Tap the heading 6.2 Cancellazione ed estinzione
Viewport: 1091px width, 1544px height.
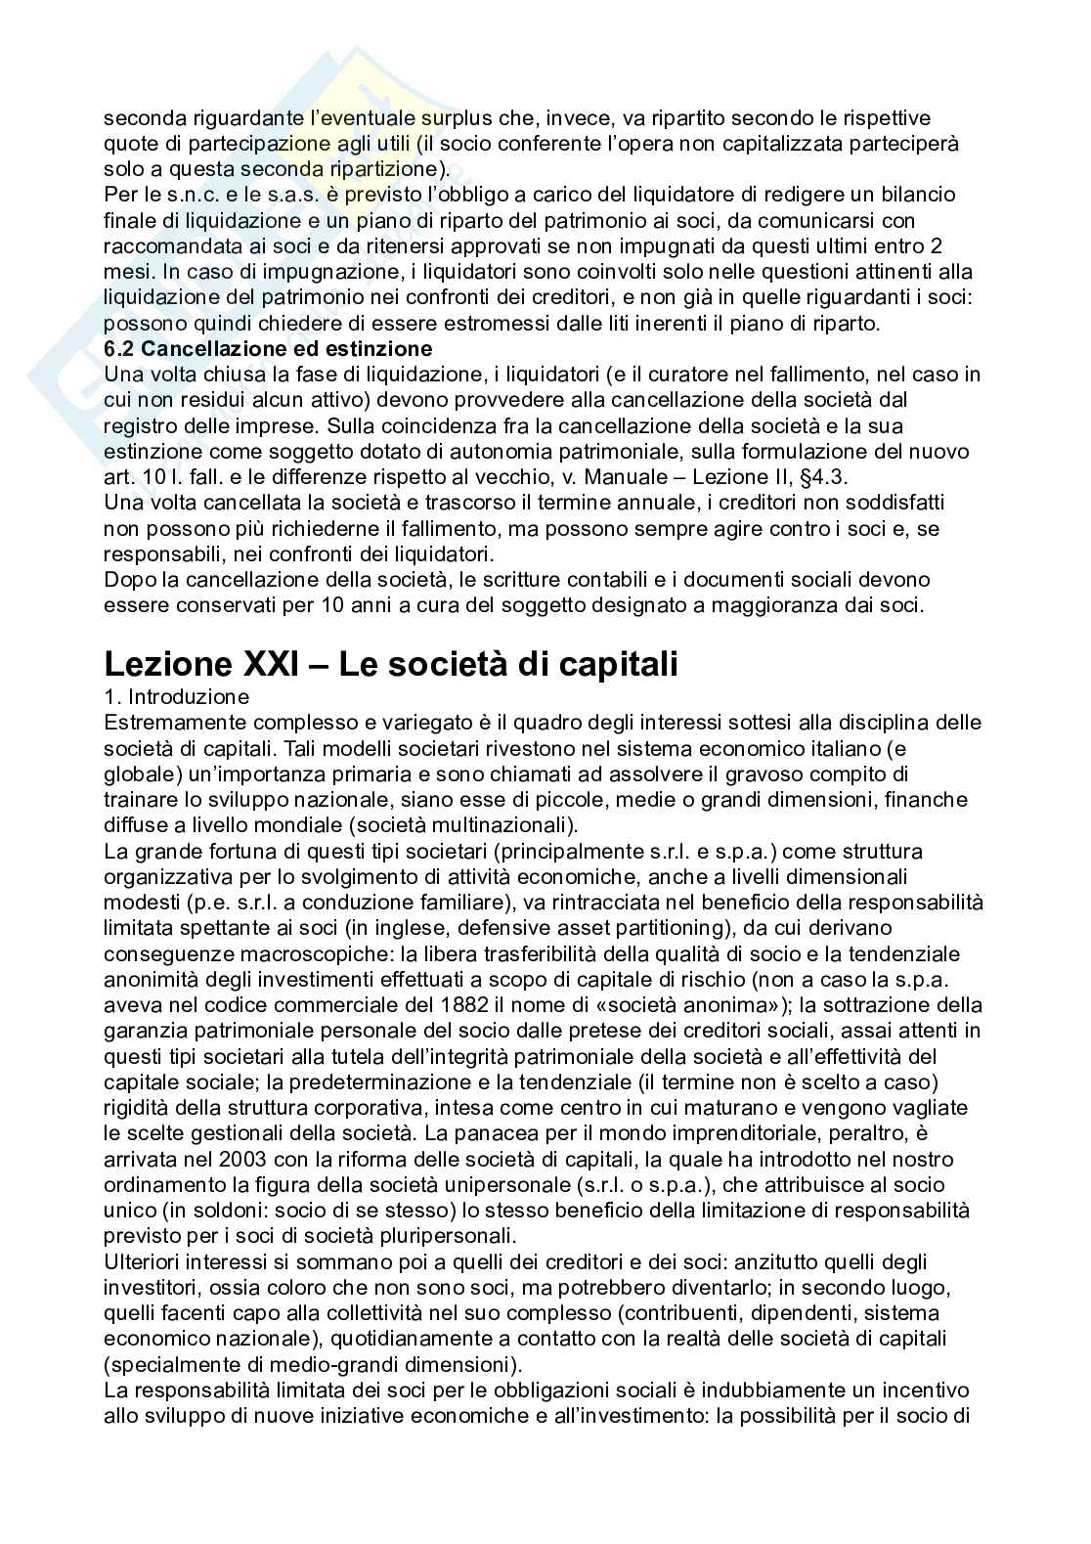(x=268, y=348)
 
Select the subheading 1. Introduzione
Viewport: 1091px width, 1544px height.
(x=176, y=697)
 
